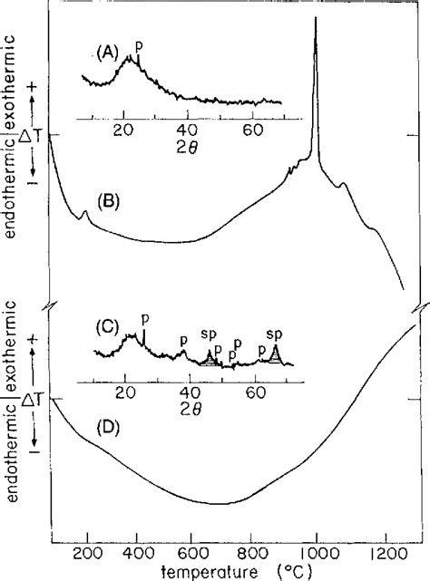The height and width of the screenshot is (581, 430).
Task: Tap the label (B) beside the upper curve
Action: (110, 200)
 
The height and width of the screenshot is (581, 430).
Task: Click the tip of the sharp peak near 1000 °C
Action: (316, 20)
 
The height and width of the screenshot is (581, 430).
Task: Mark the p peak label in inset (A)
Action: (138, 44)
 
